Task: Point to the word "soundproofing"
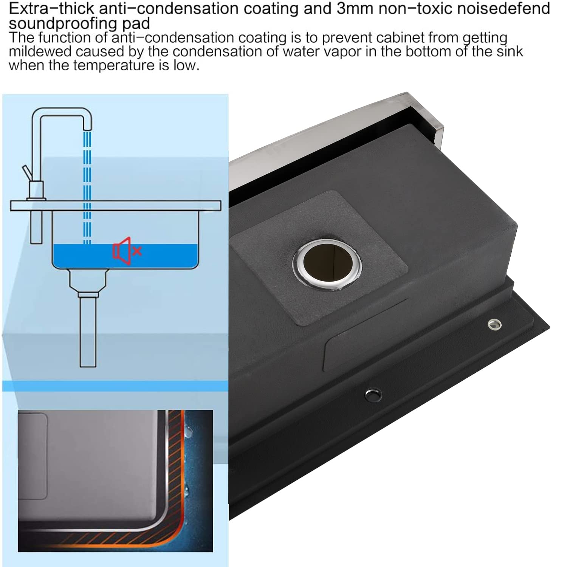coord(57,24)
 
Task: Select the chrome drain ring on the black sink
coord(327,264)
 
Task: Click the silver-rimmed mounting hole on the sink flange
coord(494,324)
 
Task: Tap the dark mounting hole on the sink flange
coord(373,395)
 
